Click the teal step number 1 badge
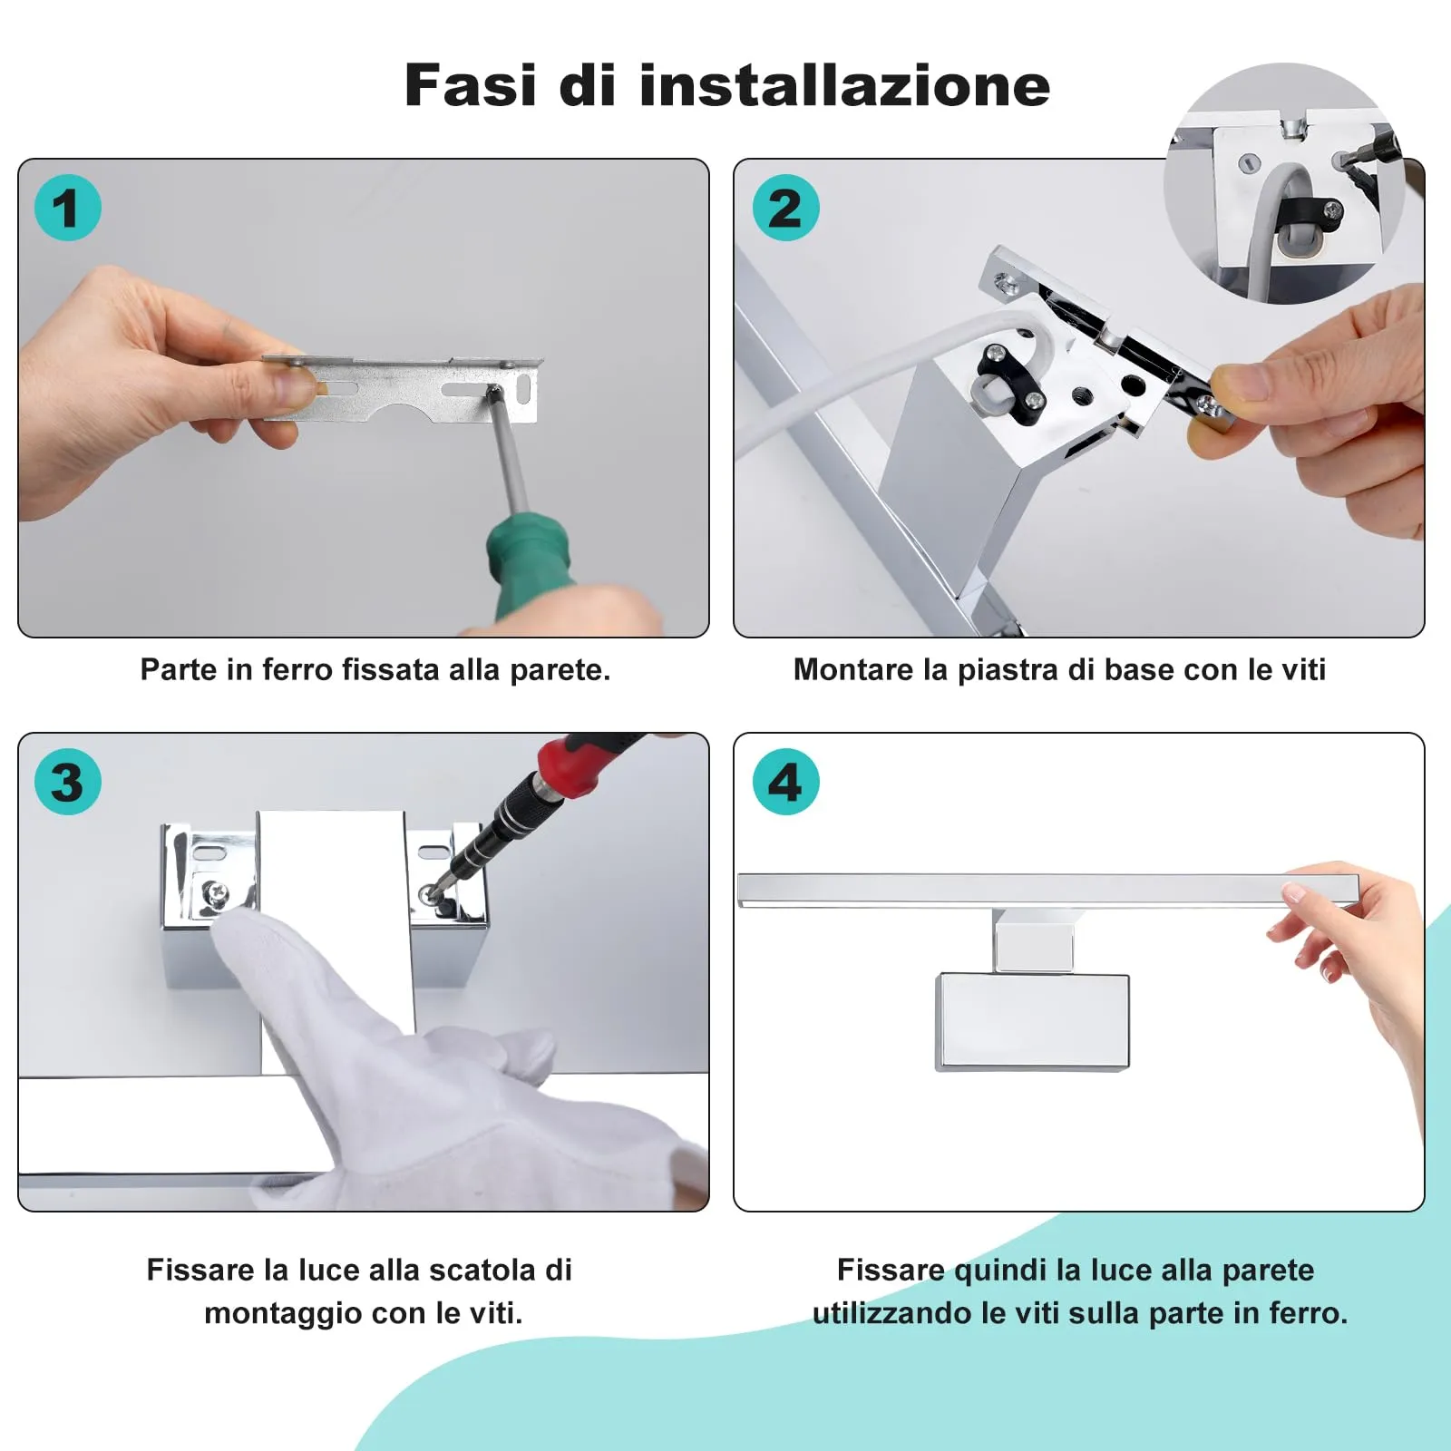(68, 208)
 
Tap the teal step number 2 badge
(786, 208)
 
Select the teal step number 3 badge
(68, 782)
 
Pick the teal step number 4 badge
(786, 782)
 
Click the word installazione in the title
(845, 85)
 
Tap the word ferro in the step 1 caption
(297, 669)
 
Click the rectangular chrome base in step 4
(1032, 1022)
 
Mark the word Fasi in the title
(471, 85)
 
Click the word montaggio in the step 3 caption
(284, 1314)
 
